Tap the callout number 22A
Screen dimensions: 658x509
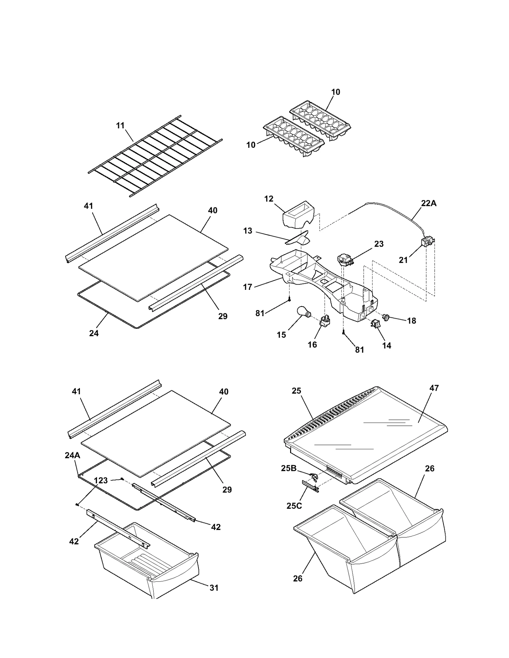point(429,203)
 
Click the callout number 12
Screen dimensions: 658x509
point(268,199)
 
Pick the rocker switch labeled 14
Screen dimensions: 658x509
point(374,324)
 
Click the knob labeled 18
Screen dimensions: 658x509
point(387,317)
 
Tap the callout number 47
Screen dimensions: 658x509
point(434,388)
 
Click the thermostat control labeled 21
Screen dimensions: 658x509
point(427,242)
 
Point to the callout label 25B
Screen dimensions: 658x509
point(289,468)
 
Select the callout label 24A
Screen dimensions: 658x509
point(73,455)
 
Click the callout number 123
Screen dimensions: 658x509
point(101,480)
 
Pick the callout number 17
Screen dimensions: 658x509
point(248,287)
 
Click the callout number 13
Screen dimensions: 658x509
point(248,231)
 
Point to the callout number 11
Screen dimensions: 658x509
point(120,125)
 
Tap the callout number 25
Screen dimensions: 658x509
point(296,391)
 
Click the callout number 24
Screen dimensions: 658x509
point(94,333)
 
